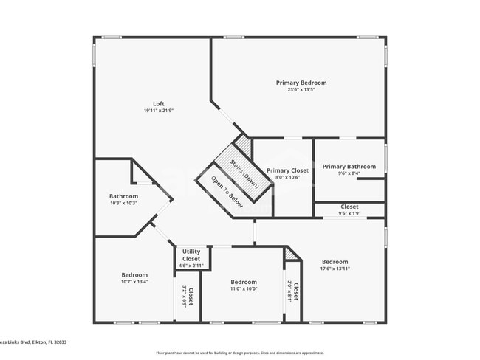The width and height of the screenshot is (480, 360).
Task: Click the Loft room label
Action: [x=158, y=104]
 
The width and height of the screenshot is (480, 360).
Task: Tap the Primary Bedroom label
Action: [x=301, y=83]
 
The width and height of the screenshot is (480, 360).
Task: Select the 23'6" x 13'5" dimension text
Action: [x=301, y=90]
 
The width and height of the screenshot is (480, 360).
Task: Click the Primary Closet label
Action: [x=287, y=170]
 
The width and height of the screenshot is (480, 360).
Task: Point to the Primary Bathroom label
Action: [x=349, y=167]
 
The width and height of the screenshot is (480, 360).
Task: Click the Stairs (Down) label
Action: [x=244, y=173]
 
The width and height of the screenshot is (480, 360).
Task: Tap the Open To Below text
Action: [x=227, y=191]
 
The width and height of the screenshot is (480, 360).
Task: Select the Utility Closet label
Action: [x=191, y=255]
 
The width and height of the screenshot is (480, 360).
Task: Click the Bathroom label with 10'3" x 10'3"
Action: [x=123, y=196]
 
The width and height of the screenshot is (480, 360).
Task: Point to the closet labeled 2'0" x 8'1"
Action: [x=293, y=293]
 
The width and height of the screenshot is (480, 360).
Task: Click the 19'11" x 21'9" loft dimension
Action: [x=158, y=111]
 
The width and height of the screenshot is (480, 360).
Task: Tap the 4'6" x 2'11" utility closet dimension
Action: [x=191, y=265]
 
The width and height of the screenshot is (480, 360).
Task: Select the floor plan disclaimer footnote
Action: [x=239, y=353]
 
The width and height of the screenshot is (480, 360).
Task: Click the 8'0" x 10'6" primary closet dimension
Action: [x=287, y=177]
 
